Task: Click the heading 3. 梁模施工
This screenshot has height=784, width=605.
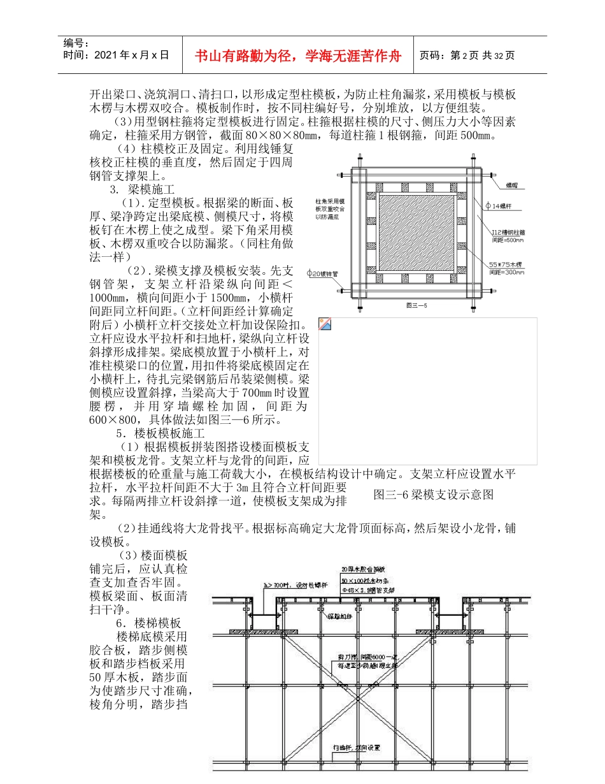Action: [137, 189]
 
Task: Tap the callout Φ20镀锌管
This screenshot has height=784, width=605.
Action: [324, 273]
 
